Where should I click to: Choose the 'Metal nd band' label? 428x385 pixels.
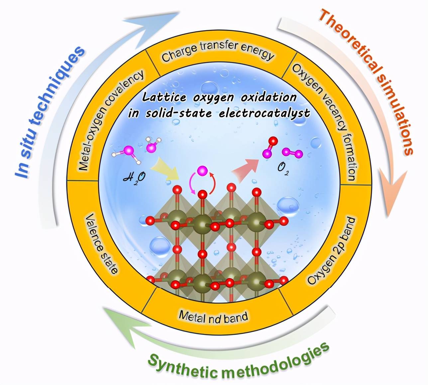(x=213, y=316)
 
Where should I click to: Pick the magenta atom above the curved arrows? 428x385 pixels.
(x=201, y=171)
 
